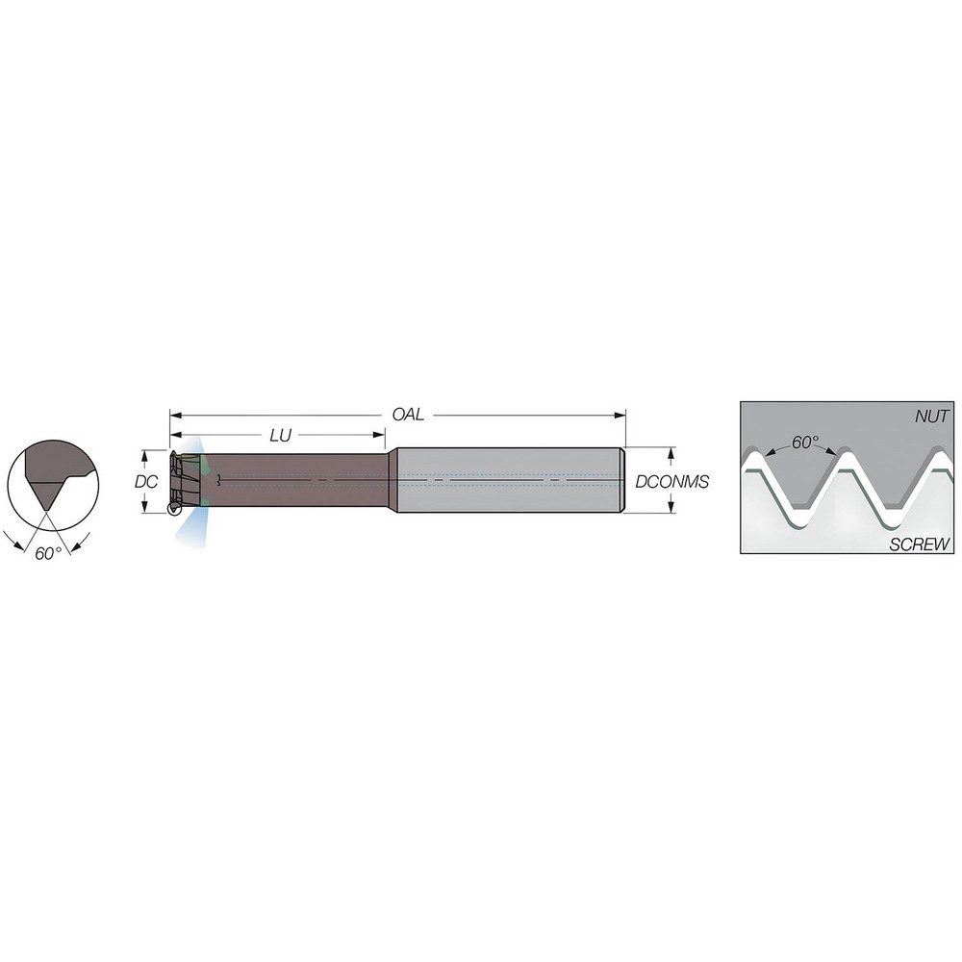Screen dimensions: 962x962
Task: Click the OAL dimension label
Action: pos(408,415)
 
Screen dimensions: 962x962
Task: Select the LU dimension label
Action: pos(280,436)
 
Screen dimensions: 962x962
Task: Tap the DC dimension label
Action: pos(146,481)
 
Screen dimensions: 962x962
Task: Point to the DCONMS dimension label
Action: pos(671,481)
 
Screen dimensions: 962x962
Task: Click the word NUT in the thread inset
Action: pos(932,417)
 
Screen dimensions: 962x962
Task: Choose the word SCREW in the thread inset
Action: pos(920,544)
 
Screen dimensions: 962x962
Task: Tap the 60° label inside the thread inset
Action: pos(805,443)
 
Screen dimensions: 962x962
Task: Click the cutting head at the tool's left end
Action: pos(184,481)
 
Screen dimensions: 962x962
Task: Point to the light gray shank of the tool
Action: pos(510,480)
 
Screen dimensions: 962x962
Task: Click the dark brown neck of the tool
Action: pos(298,480)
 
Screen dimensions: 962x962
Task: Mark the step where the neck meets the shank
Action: pos(392,480)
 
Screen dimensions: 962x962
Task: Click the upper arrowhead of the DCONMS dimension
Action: pos(671,452)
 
